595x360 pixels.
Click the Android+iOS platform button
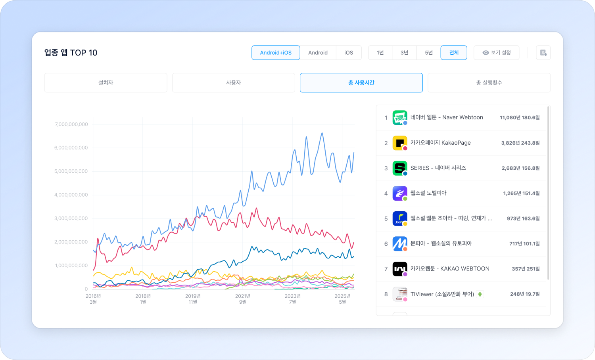coord(276,53)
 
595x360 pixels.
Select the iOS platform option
coord(349,53)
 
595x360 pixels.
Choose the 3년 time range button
coord(404,53)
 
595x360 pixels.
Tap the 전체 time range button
coord(454,53)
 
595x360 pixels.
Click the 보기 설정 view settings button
coord(496,53)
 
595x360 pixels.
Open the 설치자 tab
coord(106,83)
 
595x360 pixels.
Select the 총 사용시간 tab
coord(361,83)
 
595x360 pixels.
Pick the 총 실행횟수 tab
coord(489,83)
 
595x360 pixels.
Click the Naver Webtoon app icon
coord(400,118)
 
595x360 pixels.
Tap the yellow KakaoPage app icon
coord(400,143)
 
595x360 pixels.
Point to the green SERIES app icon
coord(400,168)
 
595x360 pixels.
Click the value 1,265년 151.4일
coord(521,193)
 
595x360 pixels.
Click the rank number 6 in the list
coord(386,244)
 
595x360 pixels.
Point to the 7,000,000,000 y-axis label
coord(71,124)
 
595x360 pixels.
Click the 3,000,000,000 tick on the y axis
coord(71,218)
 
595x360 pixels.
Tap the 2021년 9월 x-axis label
coord(243,299)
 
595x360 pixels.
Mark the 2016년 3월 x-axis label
coord(93,299)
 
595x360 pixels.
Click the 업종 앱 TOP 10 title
coord(71,53)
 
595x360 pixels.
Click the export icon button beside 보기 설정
coord(543,53)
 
